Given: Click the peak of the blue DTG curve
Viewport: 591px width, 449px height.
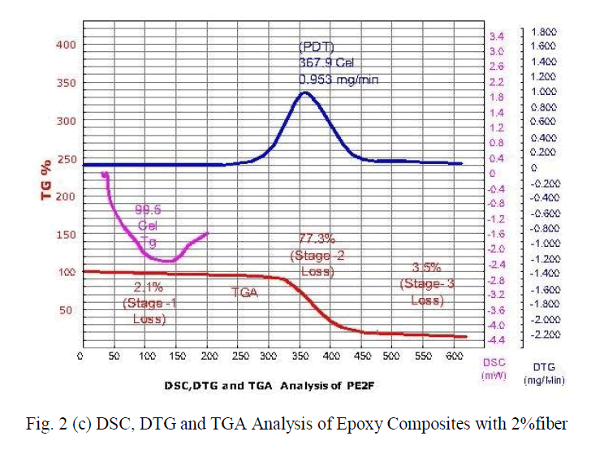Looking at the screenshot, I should pyautogui.click(x=304, y=92).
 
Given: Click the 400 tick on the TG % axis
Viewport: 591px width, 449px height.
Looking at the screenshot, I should pyautogui.click(x=65, y=44).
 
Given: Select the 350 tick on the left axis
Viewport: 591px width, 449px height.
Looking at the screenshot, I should pyautogui.click(x=65, y=83).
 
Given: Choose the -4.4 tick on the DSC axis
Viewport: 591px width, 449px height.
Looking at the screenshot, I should pyautogui.click(x=495, y=339).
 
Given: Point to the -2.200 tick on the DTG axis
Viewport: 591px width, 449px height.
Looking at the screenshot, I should pyautogui.click(x=545, y=335).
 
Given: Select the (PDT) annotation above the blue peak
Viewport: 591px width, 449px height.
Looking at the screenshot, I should pyautogui.click(x=314, y=45).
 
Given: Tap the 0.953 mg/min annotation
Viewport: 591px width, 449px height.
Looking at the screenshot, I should pyautogui.click(x=339, y=80).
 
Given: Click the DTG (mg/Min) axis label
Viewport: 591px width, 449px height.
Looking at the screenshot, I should pyautogui.click(x=545, y=373).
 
